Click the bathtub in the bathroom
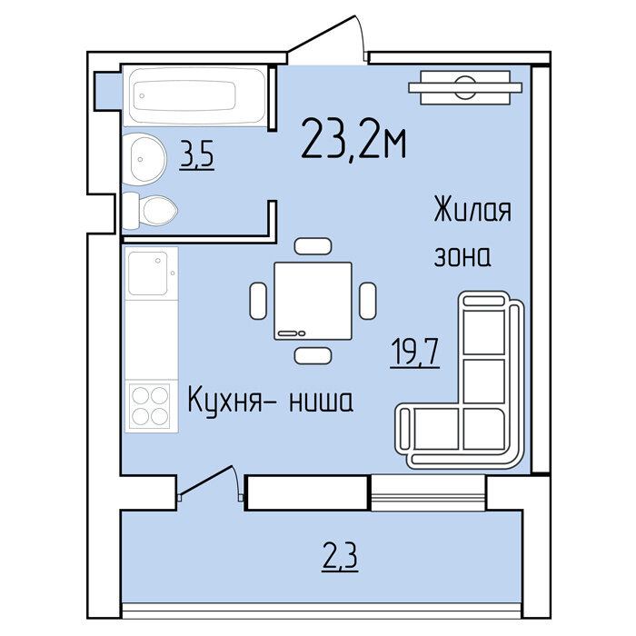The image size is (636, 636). [194, 96]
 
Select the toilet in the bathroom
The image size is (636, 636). [149, 211]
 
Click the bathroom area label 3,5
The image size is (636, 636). [197, 154]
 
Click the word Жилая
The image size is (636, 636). [472, 209]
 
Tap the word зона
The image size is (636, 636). [462, 256]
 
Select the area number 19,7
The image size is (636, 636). [415, 353]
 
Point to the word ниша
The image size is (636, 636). [321, 402]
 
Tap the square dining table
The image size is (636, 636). [313, 301]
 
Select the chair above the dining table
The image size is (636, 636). [313, 246]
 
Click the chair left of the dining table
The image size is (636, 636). [258, 301]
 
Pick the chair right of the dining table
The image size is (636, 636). [367, 301]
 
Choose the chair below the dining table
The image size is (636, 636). [313, 356]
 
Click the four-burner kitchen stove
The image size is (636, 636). [150, 406]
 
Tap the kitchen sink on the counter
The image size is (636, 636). [151, 273]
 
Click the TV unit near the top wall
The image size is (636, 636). [465, 87]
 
